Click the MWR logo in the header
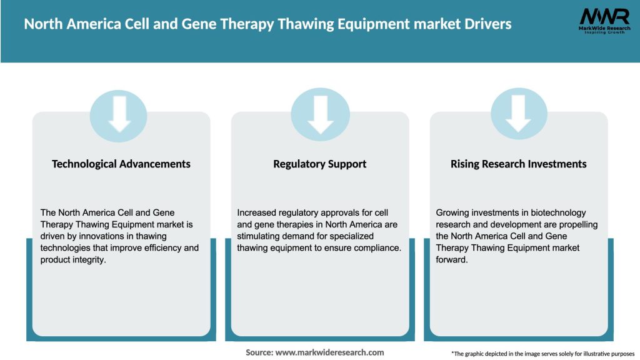(x=604, y=20)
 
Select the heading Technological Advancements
(x=121, y=164)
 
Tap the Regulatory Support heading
(x=319, y=164)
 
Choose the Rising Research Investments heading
(x=518, y=164)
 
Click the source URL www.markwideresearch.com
(x=330, y=352)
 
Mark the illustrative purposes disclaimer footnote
(x=542, y=354)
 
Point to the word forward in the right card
(x=451, y=259)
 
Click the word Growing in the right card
(x=453, y=213)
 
